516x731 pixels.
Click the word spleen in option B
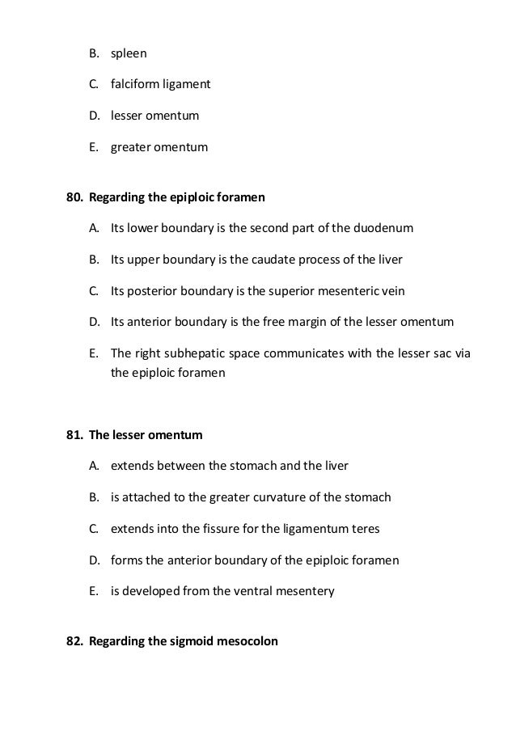tap(129, 53)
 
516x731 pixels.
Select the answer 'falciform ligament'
tap(160, 85)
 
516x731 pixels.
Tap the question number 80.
tap(74, 197)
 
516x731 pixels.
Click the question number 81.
tap(74, 435)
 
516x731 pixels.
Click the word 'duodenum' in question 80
tap(385, 229)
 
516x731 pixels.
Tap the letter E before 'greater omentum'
tap(94, 147)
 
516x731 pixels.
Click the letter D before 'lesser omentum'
tap(94, 116)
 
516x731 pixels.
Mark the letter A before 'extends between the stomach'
tap(94, 467)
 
